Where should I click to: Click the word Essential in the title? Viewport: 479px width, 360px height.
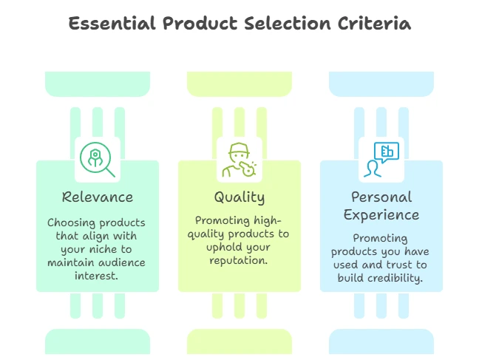pos(112,24)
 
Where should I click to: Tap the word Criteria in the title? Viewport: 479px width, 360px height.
pos(374,24)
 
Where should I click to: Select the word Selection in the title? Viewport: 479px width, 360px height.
pos(287,24)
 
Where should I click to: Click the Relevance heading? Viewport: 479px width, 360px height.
pos(98,197)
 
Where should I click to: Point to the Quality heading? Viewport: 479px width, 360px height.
pos(239,197)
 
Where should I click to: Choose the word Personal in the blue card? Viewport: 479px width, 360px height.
pos(381,197)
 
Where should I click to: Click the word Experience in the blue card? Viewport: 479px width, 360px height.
pos(381,215)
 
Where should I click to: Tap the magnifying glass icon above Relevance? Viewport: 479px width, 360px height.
pos(98,160)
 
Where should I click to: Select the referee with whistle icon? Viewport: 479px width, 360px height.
pos(239,160)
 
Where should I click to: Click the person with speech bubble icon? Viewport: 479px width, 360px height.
pos(381,160)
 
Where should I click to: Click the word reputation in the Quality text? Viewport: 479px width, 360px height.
pos(238,261)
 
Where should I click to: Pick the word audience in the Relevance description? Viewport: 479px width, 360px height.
pos(121,262)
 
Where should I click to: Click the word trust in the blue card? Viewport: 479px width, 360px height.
pos(399,265)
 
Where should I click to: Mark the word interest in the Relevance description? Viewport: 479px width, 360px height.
pos(96,276)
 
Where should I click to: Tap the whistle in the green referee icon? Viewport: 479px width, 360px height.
pos(248,169)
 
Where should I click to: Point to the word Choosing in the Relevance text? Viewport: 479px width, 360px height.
pos(71,223)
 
